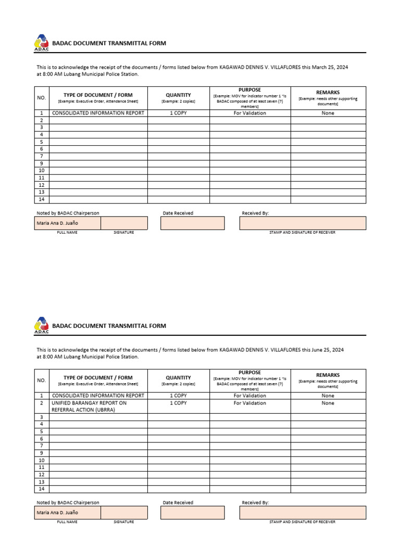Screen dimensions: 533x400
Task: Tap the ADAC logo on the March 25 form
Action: [x=41, y=43]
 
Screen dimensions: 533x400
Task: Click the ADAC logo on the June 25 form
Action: [x=41, y=326]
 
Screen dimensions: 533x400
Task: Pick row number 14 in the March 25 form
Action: [x=42, y=199]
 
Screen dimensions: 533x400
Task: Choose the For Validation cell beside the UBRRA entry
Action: [x=249, y=403]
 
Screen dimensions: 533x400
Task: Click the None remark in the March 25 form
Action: [x=328, y=113]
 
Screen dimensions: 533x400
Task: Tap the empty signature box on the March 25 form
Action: [x=123, y=223]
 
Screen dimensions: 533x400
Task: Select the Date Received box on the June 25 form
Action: [x=192, y=513]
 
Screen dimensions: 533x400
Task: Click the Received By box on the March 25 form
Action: [x=302, y=223]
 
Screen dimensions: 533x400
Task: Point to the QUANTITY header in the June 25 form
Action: [x=178, y=377]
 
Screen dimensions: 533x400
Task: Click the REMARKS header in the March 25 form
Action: [x=328, y=93]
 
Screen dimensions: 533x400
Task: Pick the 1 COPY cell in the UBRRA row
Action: [x=178, y=403]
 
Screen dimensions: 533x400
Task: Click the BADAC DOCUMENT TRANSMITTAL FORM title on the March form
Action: [x=109, y=43]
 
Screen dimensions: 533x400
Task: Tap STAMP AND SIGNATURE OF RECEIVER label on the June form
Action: [x=302, y=522]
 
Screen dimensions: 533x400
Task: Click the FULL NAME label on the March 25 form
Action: [x=67, y=232]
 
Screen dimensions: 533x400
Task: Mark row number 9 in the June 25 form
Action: [x=42, y=453]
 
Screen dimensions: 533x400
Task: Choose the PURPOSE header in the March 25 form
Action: [x=249, y=90]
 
